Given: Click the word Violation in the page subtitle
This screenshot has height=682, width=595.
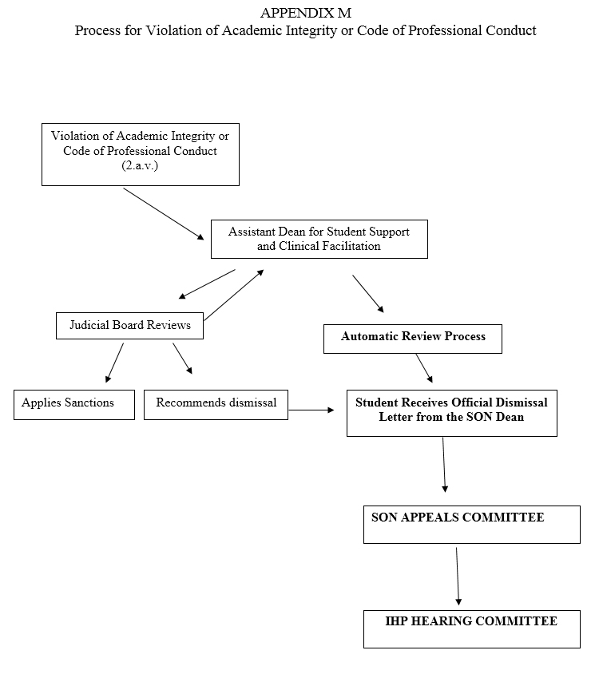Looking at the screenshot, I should click(x=173, y=31).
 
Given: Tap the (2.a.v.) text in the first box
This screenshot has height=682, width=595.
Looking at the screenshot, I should click(x=140, y=165).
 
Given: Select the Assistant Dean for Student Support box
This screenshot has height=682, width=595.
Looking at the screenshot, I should click(x=319, y=239).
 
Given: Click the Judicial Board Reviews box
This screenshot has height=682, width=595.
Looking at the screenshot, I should click(x=129, y=325).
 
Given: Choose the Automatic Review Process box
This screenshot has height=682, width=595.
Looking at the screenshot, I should click(x=412, y=338).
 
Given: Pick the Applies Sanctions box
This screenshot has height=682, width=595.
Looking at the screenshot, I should click(x=73, y=404).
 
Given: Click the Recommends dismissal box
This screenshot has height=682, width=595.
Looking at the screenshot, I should click(x=216, y=404).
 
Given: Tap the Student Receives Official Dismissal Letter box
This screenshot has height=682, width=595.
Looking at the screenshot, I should click(x=451, y=412).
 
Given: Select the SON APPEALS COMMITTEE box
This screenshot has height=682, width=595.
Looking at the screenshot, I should click(x=471, y=524).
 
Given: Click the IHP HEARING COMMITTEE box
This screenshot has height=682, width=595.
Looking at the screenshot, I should click(x=471, y=628).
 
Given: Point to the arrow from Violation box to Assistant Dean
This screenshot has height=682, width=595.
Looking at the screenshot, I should click(x=164, y=214).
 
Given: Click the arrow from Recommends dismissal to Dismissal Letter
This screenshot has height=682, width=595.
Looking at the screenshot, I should click(x=311, y=410).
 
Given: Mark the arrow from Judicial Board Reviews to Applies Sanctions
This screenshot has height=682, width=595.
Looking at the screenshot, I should click(x=115, y=363).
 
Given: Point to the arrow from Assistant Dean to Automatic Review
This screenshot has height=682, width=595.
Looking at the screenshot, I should click(x=368, y=294).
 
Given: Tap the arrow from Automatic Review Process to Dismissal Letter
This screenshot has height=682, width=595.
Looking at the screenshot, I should click(x=424, y=369).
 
